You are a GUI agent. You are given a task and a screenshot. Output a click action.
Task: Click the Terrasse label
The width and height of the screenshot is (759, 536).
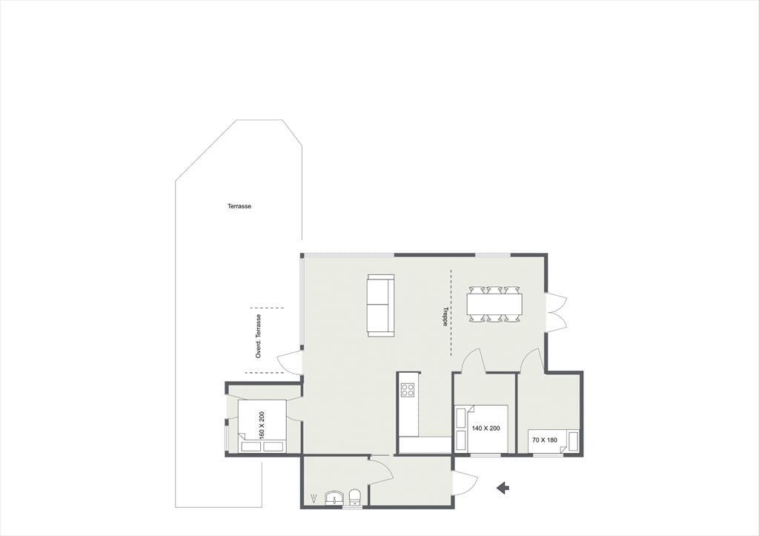point(239,206)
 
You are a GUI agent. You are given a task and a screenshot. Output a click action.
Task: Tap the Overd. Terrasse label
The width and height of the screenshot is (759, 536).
point(259,336)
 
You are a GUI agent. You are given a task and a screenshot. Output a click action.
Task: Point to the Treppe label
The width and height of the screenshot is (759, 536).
point(445,317)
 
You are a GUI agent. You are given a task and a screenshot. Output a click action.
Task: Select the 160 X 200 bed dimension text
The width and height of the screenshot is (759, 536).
point(262,425)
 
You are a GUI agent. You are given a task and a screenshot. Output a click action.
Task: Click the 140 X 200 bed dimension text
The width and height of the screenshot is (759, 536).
point(486,428)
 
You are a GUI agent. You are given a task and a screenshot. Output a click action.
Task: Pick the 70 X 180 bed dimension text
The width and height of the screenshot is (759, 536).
point(545,440)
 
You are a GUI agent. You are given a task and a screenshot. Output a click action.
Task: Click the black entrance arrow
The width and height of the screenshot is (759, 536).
point(503,488)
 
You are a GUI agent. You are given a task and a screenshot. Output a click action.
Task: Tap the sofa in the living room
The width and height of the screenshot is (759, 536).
point(380,305)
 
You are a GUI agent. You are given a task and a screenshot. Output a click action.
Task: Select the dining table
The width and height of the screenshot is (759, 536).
point(494,304)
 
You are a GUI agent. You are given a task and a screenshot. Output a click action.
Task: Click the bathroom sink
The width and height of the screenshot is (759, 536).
point(334,498)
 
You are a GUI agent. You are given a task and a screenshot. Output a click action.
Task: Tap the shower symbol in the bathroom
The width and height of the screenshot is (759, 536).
point(315,497)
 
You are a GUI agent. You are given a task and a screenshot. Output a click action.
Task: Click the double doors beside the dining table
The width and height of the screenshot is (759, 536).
point(557,312)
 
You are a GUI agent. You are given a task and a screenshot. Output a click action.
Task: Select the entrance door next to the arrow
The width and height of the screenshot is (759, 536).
point(465,483)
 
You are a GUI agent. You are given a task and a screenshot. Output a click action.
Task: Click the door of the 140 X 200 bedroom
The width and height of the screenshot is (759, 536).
point(474,361)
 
